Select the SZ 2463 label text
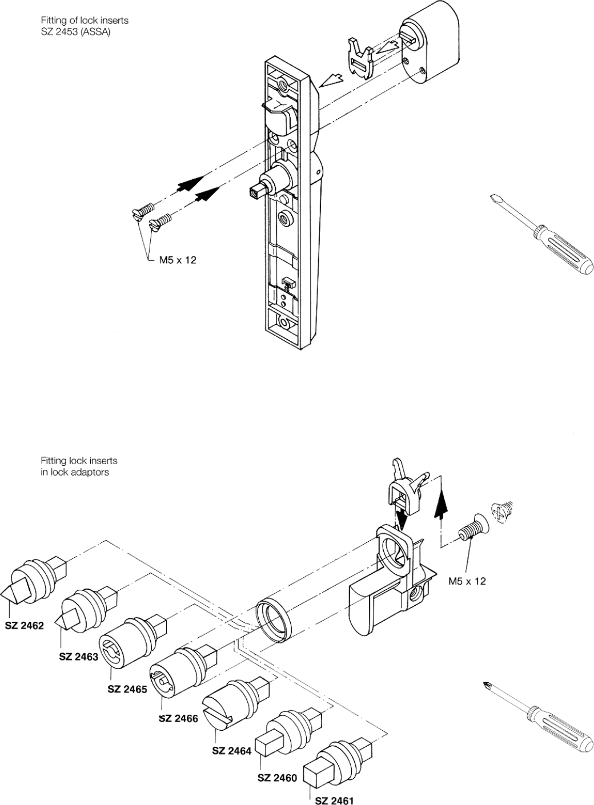point(78,657)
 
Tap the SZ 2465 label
point(127,689)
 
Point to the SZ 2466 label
point(178,719)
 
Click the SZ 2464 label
point(231,751)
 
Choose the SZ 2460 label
point(277,778)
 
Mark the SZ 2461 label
point(334,800)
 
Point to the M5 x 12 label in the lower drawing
point(466,581)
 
